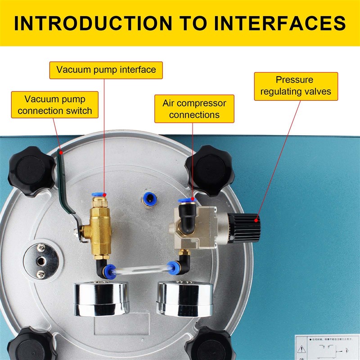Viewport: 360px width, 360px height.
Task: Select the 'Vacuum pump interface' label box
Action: point(106,70)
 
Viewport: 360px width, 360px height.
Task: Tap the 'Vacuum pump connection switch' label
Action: point(55,104)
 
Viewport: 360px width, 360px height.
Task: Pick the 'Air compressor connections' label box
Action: point(194,108)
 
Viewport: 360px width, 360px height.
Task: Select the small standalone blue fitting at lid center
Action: point(147,197)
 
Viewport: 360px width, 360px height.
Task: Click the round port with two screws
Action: point(42,260)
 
